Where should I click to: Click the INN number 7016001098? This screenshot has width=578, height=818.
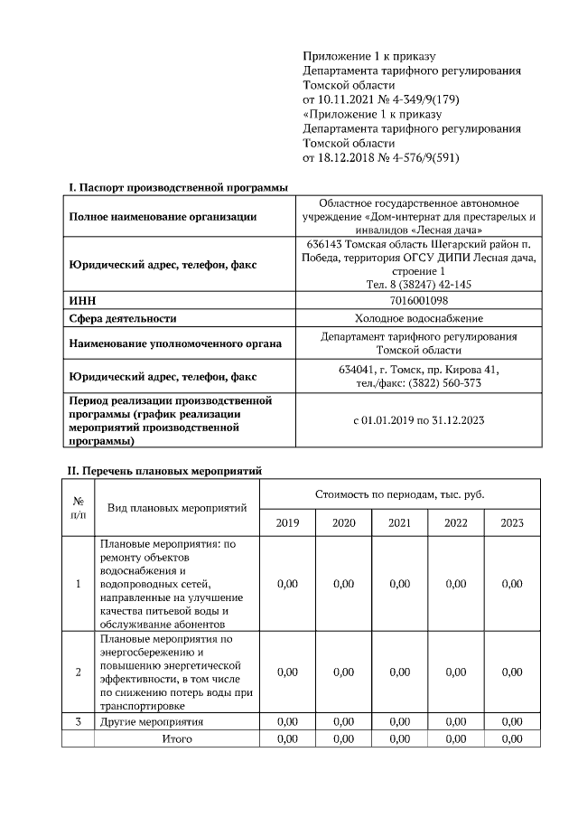coord(419,300)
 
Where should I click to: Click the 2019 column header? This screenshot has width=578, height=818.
coord(287,522)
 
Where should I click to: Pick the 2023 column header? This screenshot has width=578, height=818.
coord(511,522)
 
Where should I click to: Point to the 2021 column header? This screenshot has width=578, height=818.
coord(399,522)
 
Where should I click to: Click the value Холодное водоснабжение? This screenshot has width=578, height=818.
coord(419,318)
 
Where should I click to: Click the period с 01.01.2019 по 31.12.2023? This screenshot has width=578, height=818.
coord(419,420)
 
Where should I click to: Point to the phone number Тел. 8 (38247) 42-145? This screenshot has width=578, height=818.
coord(419,284)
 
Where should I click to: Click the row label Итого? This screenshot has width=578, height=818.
coord(176,738)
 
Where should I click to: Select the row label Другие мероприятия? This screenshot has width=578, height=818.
coord(151,722)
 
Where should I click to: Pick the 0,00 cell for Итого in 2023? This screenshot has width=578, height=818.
coord(511,738)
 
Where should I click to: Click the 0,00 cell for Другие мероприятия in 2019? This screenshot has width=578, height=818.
coord(287,722)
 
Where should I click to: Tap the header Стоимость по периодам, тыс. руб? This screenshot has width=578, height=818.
coord(399,494)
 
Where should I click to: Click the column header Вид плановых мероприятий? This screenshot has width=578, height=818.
coord(176,508)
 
